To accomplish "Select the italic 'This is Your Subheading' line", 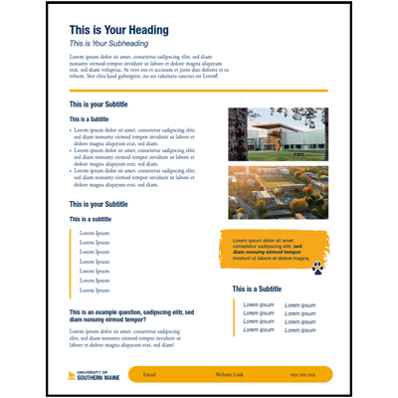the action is point(109,44).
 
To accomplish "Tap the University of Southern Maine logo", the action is point(90,374).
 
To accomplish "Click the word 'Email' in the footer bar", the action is point(149,374).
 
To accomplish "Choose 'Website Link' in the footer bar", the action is point(229,374).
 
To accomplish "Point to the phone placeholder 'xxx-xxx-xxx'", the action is point(302,374).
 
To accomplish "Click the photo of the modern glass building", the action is point(278,133).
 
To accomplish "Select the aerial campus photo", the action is point(278,192).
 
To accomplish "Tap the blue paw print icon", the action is point(317,268).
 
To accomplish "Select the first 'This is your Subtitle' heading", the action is point(99,103).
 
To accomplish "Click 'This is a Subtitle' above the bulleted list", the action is point(90,119).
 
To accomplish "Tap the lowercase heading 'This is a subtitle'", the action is point(91,219).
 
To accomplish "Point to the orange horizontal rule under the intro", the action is point(198,91).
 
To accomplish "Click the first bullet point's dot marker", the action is point(72,130).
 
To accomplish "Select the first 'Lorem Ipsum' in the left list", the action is point(95,233).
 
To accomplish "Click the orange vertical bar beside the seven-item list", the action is point(71,263).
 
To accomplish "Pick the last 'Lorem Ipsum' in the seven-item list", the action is point(95,291).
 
